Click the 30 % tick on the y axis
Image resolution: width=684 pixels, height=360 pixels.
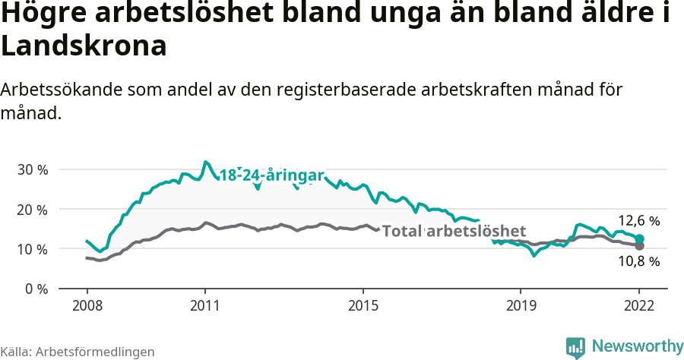click(x=32, y=169)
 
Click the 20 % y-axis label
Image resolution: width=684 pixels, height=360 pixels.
click(x=32, y=210)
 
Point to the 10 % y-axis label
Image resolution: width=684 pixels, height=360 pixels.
click(x=32, y=249)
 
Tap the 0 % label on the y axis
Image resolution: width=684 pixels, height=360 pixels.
click(x=35, y=289)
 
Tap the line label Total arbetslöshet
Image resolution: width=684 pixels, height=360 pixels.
click(x=454, y=231)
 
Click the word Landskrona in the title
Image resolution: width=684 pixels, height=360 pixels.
click(x=84, y=46)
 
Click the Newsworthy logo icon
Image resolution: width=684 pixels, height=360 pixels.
click(x=575, y=347)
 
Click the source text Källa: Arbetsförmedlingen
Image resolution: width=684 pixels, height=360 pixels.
click(x=78, y=352)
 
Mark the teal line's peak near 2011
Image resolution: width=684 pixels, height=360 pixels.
click(x=205, y=162)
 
